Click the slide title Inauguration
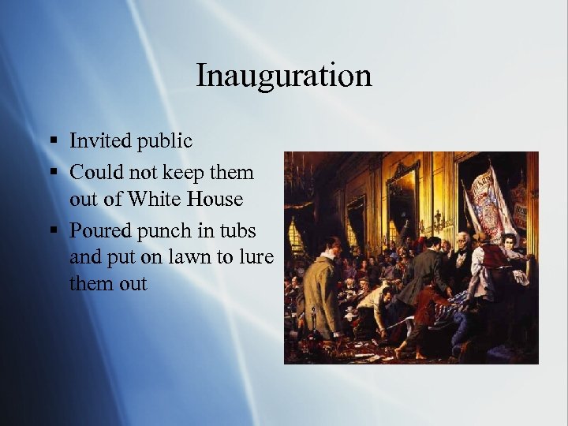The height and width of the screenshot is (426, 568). click(x=283, y=76)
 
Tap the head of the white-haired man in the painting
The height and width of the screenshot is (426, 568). click(x=463, y=241)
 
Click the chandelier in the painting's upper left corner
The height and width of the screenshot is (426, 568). click(x=300, y=177)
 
